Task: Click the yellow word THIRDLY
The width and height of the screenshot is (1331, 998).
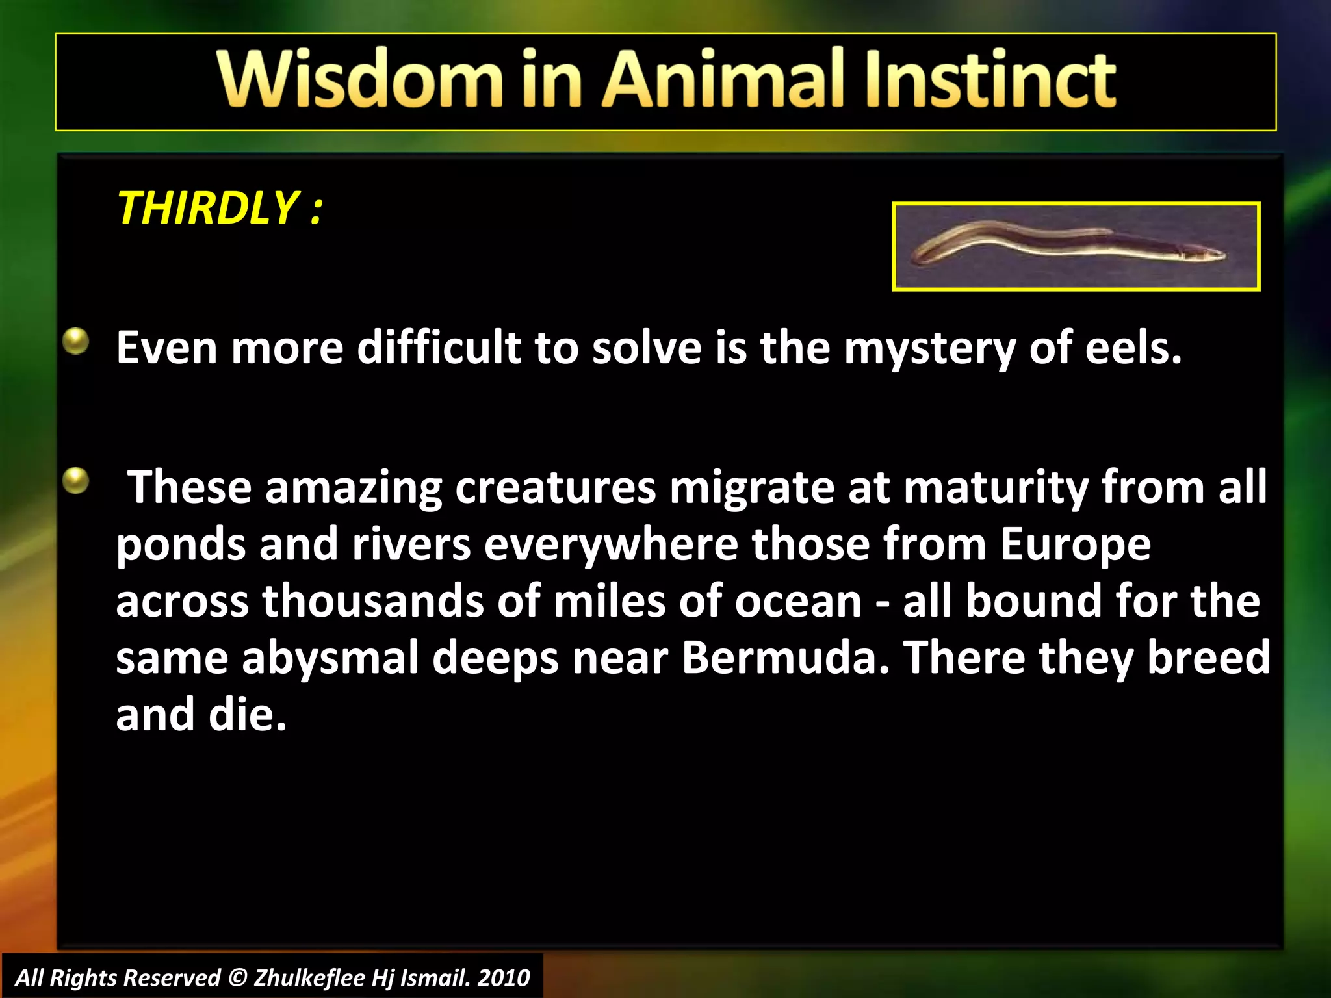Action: [x=207, y=209]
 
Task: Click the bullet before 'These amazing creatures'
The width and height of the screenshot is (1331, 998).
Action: [x=76, y=481]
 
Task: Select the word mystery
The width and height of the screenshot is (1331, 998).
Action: [x=929, y=349]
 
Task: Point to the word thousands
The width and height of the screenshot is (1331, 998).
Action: [x=373, y=601]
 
